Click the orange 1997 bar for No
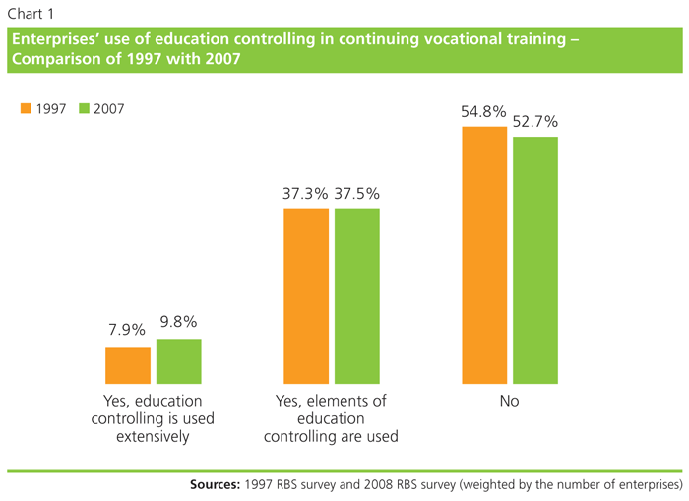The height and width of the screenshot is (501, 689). (485, 255)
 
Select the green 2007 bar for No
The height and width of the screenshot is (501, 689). (535, 260)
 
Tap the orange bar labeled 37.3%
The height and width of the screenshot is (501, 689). (306, 295)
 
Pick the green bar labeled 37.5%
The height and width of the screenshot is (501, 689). (356, 295)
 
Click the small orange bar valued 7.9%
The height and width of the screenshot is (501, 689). (128, 365)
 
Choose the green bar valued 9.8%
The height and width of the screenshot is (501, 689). (178, 360)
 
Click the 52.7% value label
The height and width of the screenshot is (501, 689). (535, 123)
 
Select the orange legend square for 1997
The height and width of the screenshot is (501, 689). (26, 108)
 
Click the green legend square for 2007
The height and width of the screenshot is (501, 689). (84, 108)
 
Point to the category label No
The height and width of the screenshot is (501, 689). (509, 402)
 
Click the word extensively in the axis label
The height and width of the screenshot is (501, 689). (153, 437)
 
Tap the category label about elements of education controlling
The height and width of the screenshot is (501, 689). (332, 419)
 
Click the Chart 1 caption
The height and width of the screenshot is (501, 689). (31, 13)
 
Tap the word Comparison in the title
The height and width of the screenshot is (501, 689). (53, 59)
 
